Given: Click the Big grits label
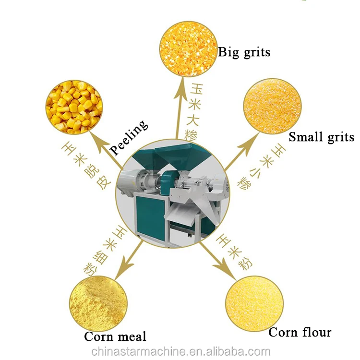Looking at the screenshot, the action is [244, 51].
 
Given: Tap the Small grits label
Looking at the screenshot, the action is [321, 137].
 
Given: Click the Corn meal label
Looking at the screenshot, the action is [115, 336].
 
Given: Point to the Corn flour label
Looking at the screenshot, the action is [300, 332].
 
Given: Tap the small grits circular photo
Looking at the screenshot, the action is [272, 107].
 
